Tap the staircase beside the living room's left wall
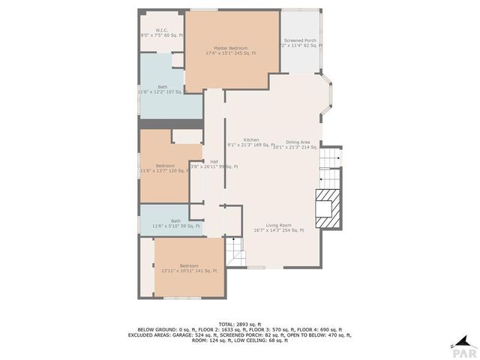pyautogui.click(x=235, y=251)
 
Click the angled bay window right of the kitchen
pyautogui.click(x=328, y=95)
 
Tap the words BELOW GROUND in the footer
pyautogui.click(x=154, y=329)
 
